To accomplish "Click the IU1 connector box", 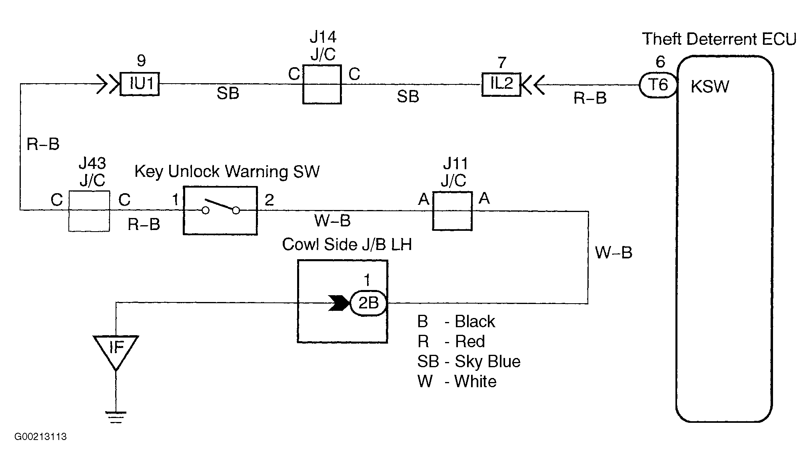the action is (140, 84).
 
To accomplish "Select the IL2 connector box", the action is (501, 84).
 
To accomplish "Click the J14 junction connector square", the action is (322, 84).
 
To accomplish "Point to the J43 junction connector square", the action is (89, 211).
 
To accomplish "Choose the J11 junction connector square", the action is (452, 211).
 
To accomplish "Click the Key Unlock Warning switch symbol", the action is (220, 210).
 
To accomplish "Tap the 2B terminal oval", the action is (368, 303).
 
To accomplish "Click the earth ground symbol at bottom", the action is (116, 417).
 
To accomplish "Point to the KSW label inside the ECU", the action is (710, 87).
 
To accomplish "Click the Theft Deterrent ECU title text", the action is (719, 39).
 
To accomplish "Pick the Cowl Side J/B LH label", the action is (347, 244).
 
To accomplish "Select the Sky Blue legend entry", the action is (469, 362).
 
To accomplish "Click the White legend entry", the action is (457, 382).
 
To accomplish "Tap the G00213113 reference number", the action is (40, 436).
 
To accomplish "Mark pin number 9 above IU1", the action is (141, 61).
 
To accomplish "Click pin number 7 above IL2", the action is (502, 62).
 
